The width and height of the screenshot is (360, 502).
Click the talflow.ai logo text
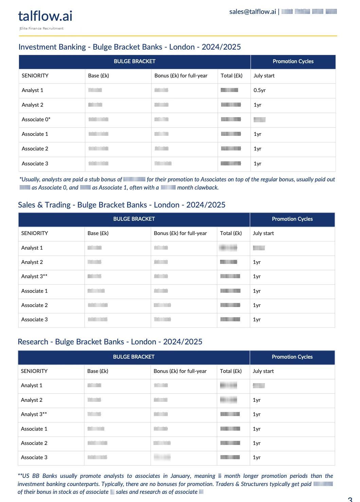tap(45, 16)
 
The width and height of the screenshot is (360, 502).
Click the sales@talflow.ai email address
tap(252, 12)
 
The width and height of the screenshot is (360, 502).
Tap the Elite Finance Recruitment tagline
tap(42, 29)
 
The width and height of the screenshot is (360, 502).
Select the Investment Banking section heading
tap(129, 47)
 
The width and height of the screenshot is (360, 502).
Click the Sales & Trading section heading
tap(122, 205)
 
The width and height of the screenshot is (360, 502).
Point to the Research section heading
tap(110, 342)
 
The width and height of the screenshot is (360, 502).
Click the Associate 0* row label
tap(36, 120)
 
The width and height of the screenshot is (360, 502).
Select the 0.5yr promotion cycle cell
tap(259, 90)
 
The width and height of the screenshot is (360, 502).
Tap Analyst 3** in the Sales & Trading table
tap(34, 276)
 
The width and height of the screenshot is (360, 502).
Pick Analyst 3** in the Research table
tap(34, 414)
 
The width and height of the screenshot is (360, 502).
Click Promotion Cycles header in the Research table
tap(292, 357)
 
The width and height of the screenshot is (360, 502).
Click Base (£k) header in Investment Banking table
tap(98, 76)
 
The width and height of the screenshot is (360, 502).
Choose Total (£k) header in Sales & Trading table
tap(231, 233)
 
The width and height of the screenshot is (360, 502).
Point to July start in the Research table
tap(263, 371)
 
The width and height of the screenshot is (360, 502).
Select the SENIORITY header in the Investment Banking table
tap(35, 76)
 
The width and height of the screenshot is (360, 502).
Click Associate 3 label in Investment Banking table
tap(35, 164)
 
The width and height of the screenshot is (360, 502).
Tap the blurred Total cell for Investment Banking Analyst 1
tap(229, 90)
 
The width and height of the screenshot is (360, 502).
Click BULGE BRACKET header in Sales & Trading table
tap(134, 219)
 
